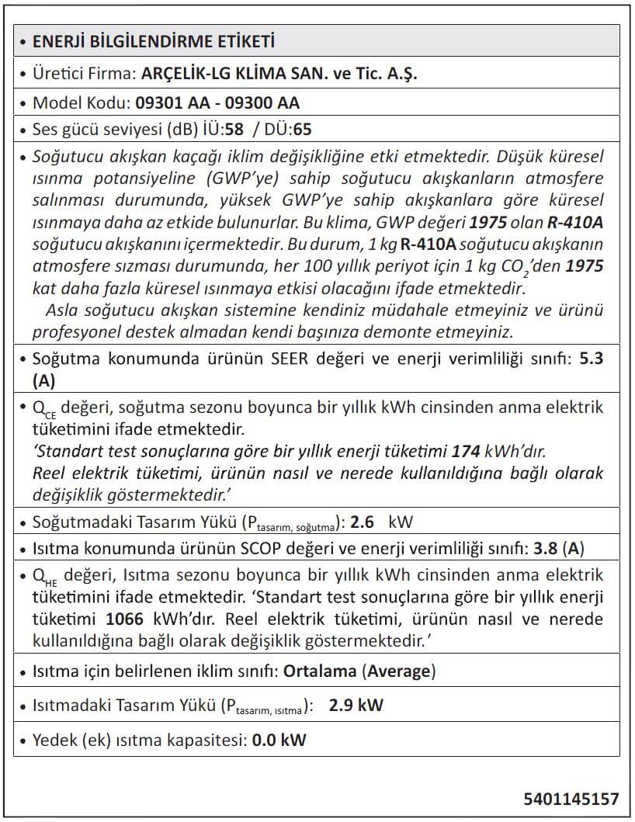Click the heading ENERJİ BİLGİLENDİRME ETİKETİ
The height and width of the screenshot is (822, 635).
[x=154, y=41]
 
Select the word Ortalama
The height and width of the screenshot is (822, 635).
[x=322, y=671]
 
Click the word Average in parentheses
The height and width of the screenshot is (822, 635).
[x=399, y=671]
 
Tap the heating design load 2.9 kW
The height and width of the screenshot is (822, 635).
[x=356, y=706]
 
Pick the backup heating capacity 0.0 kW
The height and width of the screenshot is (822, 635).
[x=279, y=740]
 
